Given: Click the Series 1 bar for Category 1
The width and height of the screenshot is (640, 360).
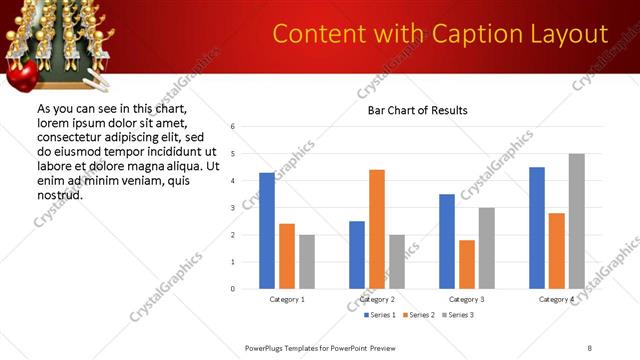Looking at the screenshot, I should point(266,231).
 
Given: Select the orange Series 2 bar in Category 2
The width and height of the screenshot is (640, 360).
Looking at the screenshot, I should point(376,229).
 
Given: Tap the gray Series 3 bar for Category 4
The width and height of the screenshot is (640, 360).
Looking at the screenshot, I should point(576,221).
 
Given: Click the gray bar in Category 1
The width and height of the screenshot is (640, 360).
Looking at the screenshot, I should point(306,262).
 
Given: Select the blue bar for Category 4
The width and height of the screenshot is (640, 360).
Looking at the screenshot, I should point(536,228).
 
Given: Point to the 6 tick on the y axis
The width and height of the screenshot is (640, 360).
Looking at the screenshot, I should point(232,127).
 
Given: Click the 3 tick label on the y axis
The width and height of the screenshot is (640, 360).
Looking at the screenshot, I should point(232,208).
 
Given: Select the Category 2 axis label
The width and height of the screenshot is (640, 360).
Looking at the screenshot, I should point(376,299).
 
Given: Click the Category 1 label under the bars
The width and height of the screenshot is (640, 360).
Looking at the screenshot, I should point(287,299).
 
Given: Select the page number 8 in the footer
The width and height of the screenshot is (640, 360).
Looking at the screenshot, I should point(589,347).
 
